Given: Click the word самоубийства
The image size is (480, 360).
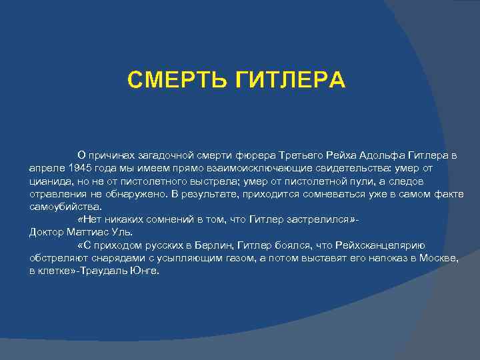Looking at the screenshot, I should pos(65,207).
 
